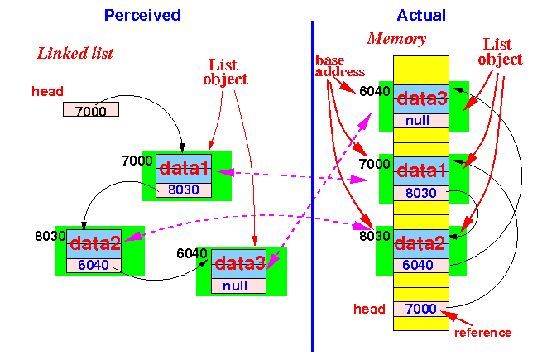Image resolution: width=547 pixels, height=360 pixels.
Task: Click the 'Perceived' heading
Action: pyautogui.click(x=142, y=16)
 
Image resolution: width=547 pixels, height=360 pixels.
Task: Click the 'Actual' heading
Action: pyautogui.click(x=421, y=16)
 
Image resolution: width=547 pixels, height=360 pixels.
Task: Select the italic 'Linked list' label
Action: pyautogui.click(x=75, y=53)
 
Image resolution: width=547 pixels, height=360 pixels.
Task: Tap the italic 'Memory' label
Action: pyautogui.click(x=396, y=39)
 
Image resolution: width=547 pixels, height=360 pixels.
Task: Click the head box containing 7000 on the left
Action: pyautogui.click(x=91, y=109)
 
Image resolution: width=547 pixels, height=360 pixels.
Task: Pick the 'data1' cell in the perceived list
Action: pyautogui.click(x=184, y=169)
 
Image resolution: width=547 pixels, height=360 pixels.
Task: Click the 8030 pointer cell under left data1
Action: pyautogui.click(x=184, y=190)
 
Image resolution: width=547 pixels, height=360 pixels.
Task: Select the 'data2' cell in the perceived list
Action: pyautogui.click(x=94, y=244)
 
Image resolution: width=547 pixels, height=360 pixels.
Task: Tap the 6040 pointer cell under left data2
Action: pyautogui.click(x=94, y=266)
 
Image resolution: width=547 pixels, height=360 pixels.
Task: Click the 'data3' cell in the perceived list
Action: pyautogui.click(x=238, y=264)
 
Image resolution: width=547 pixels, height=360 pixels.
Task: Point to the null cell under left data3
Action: pyautogui.click(x=238, y=286)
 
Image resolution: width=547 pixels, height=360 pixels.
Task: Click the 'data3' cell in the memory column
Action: pyautogui.click(x=421, y=99)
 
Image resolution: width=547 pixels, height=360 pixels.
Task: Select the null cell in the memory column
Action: pyautogui.click(x=421, y=121)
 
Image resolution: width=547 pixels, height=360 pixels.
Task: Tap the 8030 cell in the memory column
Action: pyautogui.click(x=421, y=193)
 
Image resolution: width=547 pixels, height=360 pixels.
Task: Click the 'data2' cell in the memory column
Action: pyautogui.click(x=421, y=244)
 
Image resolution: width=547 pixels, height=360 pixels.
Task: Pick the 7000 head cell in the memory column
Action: pyautogui.click(x=421, y=309)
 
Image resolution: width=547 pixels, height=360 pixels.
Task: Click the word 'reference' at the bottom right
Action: pyautogui.click(x=482, y=333)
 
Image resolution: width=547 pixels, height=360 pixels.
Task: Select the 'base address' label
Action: pyautogui.click(x=339, y=66)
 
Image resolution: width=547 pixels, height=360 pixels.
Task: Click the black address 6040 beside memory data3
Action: pyautogui.click(x=374, y=91)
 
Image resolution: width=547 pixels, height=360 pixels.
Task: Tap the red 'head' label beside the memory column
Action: pyautogui.click(x=369, y=309)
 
